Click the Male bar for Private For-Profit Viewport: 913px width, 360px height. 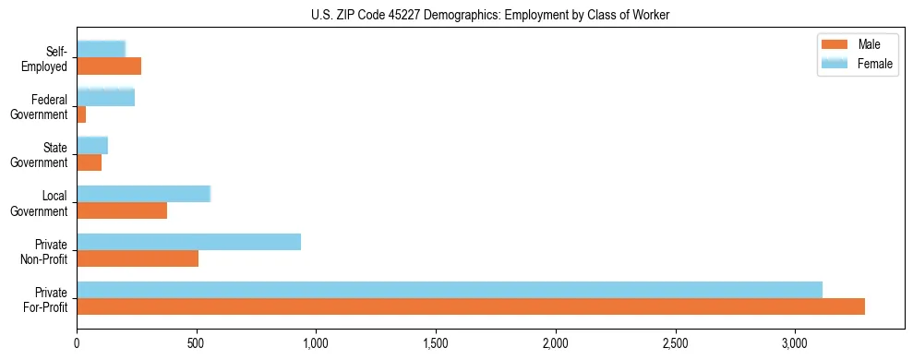tap(471, 306)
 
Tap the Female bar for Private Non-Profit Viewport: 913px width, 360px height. tap(188, 242)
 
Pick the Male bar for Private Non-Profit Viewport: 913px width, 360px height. tap(138, 258)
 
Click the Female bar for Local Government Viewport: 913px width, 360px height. tap(143, 194)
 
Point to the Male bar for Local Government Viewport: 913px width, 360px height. tap(122, 210)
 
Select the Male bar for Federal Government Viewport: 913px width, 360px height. tap(81, 114)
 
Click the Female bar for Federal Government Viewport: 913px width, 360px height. tap(105, 98)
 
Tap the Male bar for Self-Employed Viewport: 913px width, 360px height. tap(109, 66)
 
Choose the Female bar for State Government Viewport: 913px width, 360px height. tap(92, 146)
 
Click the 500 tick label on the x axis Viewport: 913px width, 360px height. tap(197, 343)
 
